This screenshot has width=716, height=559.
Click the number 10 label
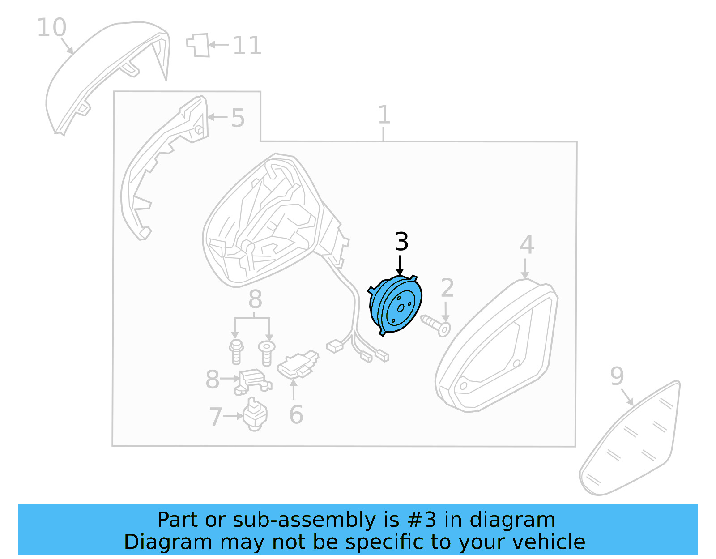pos(51,28)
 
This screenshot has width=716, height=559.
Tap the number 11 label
pos(247,46)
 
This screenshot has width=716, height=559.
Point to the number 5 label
pos(238,118)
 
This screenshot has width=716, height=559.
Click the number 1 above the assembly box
pos(384,115)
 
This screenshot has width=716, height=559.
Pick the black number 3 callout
pos(401,242)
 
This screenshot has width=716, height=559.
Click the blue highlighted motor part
pos(396,304)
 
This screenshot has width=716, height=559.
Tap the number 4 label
pos(527,245)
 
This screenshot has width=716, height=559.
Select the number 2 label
pos(447,288)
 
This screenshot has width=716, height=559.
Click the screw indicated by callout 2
pos(436,325)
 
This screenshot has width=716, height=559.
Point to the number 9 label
pos(617,376)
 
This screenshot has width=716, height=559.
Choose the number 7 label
pos(215,417)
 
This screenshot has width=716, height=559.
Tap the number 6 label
pos(296,415)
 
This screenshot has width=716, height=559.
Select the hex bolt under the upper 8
pos(236,352)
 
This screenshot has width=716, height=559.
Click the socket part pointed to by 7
pos(255,414)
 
